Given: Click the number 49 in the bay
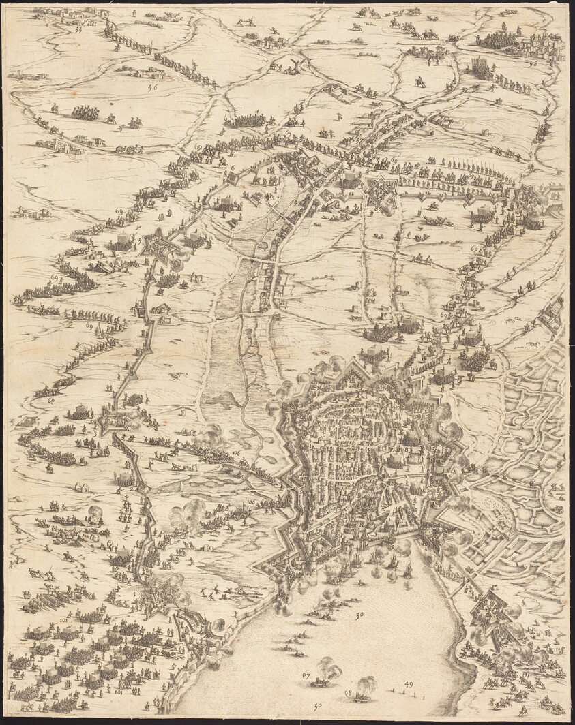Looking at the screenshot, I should (409, 683).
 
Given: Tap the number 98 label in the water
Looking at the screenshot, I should (349, 693).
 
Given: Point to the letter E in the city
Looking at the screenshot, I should (453, 469).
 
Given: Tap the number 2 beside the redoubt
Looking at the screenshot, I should (130, 489).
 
